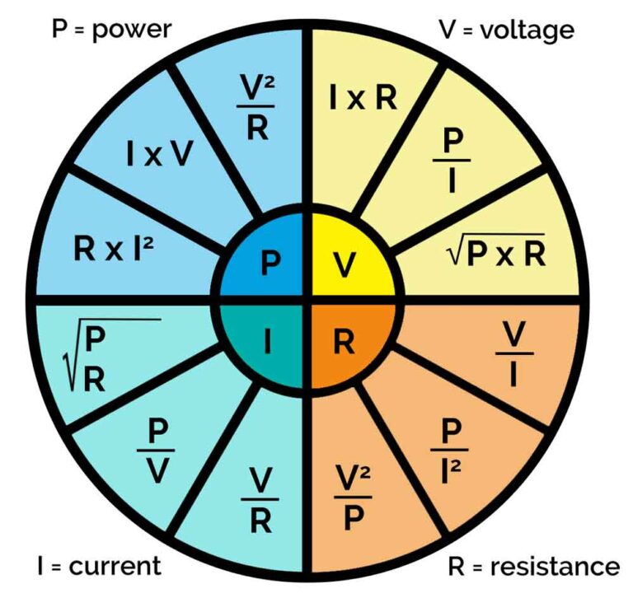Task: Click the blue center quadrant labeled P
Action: coord(268,264)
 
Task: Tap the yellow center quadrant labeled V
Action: coord(346,264)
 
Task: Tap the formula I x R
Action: coord(363,97)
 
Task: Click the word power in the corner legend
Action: coord(131,30)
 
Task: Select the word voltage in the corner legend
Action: coord(527,30)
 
